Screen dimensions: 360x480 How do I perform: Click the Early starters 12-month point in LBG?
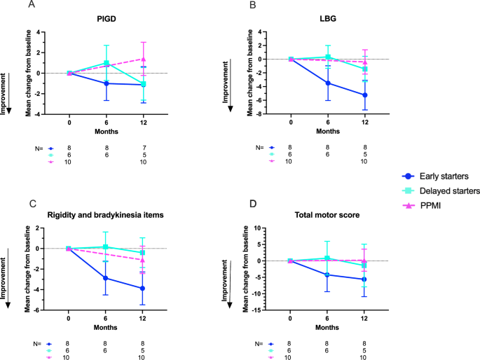365,95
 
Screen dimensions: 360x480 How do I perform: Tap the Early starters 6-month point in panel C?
106,278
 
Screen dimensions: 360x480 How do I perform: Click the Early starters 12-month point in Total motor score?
365,279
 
